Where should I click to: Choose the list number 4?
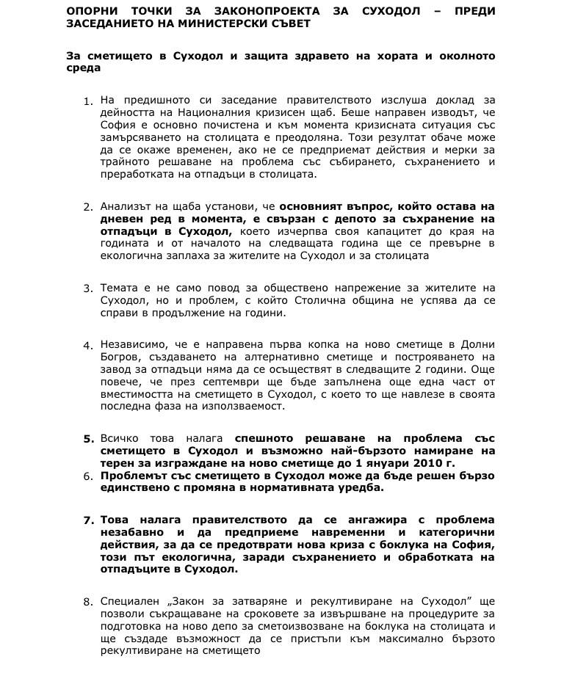[x=88, y=345]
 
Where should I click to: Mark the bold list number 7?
[x=88, y=520]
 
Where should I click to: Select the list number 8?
[x=88, y=603]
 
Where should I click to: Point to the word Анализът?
[x=126, y=207]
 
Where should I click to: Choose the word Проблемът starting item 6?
[x=134, y=476]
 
